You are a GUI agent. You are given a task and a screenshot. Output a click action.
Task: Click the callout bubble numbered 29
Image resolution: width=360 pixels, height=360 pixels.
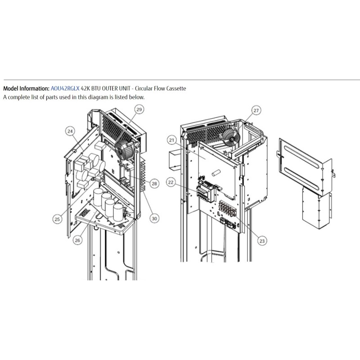coord(139,109)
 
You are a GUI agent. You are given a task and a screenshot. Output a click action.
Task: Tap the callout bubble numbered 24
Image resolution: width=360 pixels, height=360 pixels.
coord(70,131)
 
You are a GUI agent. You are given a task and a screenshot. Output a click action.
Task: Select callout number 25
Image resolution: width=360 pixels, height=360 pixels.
coord(57,219)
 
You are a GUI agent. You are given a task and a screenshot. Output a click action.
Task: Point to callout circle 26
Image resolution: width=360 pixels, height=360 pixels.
coord(77,240)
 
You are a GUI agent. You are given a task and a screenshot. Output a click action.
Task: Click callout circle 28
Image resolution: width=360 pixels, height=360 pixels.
coord(154,184)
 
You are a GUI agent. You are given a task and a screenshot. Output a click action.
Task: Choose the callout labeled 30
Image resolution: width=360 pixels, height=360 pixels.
coord(154,218)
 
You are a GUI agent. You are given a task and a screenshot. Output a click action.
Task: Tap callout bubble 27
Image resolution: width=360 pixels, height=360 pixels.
coord(256,110)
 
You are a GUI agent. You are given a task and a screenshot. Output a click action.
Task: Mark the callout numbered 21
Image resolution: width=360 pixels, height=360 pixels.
coord(172,140)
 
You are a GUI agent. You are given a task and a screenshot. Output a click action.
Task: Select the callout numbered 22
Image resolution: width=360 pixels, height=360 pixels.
coord(171,182)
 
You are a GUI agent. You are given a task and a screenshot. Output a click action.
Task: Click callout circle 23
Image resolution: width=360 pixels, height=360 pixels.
coord(262,241)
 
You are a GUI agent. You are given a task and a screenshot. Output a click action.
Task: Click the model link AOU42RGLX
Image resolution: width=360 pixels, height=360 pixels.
coord(65,88)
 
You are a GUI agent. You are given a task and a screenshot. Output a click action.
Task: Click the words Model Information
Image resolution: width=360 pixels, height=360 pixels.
coord(26,88)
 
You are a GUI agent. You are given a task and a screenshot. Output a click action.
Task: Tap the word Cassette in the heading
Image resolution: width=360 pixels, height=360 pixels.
coord(176,88)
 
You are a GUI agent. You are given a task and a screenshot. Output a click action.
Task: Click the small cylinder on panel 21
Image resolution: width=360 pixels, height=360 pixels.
coord(216,173)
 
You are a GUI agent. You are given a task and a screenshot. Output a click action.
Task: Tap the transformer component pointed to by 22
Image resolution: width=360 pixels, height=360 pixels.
coord(206,190)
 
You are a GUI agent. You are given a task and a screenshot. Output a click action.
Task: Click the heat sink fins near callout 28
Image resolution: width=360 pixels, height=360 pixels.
coord(143,176)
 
